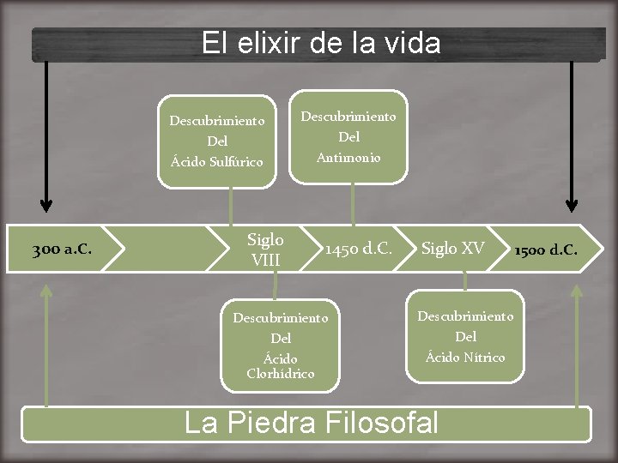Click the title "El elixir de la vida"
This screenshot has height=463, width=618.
tap(320, 43)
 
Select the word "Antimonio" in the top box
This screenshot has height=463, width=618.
tap(348, 157)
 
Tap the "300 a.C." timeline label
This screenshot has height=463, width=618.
tap(62, 250)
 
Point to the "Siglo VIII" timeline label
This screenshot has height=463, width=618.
tap(265, 249)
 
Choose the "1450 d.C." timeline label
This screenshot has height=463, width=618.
tap(358, 250)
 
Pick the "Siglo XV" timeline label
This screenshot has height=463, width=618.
tap(452, 249)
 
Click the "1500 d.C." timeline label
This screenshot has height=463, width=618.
tap(545, 250)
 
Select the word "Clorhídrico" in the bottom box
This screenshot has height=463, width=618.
tap(281, 374)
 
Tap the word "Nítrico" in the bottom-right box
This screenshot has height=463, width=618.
tap(484, 358)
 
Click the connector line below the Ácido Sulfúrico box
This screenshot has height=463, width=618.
tap(231, 206)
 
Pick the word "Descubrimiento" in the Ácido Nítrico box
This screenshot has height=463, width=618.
tap(465, 316)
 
